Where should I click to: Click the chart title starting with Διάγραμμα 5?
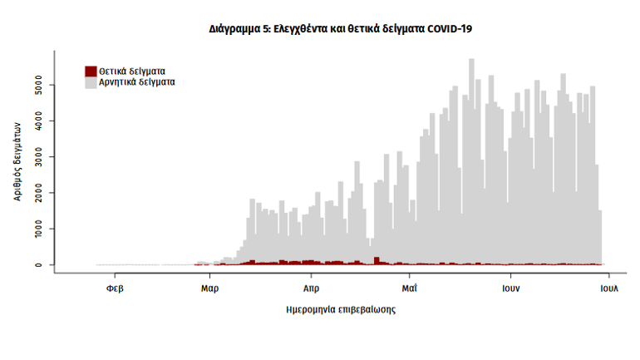[x=340, y=28]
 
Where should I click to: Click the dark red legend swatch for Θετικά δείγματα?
[x=91, y=71]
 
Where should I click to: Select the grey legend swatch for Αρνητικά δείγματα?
[x=91, y=82]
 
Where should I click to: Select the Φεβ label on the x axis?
[x=116, y=289]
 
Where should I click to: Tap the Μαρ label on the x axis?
[x=209, y=289]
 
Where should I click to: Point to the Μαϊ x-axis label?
[x=409, y=289]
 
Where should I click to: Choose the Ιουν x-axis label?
[x=510, y=289]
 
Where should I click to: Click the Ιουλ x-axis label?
[x=608, y=289]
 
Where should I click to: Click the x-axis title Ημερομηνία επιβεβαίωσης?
[x=341, y=310]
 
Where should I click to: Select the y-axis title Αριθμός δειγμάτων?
[x=17, y=158]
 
